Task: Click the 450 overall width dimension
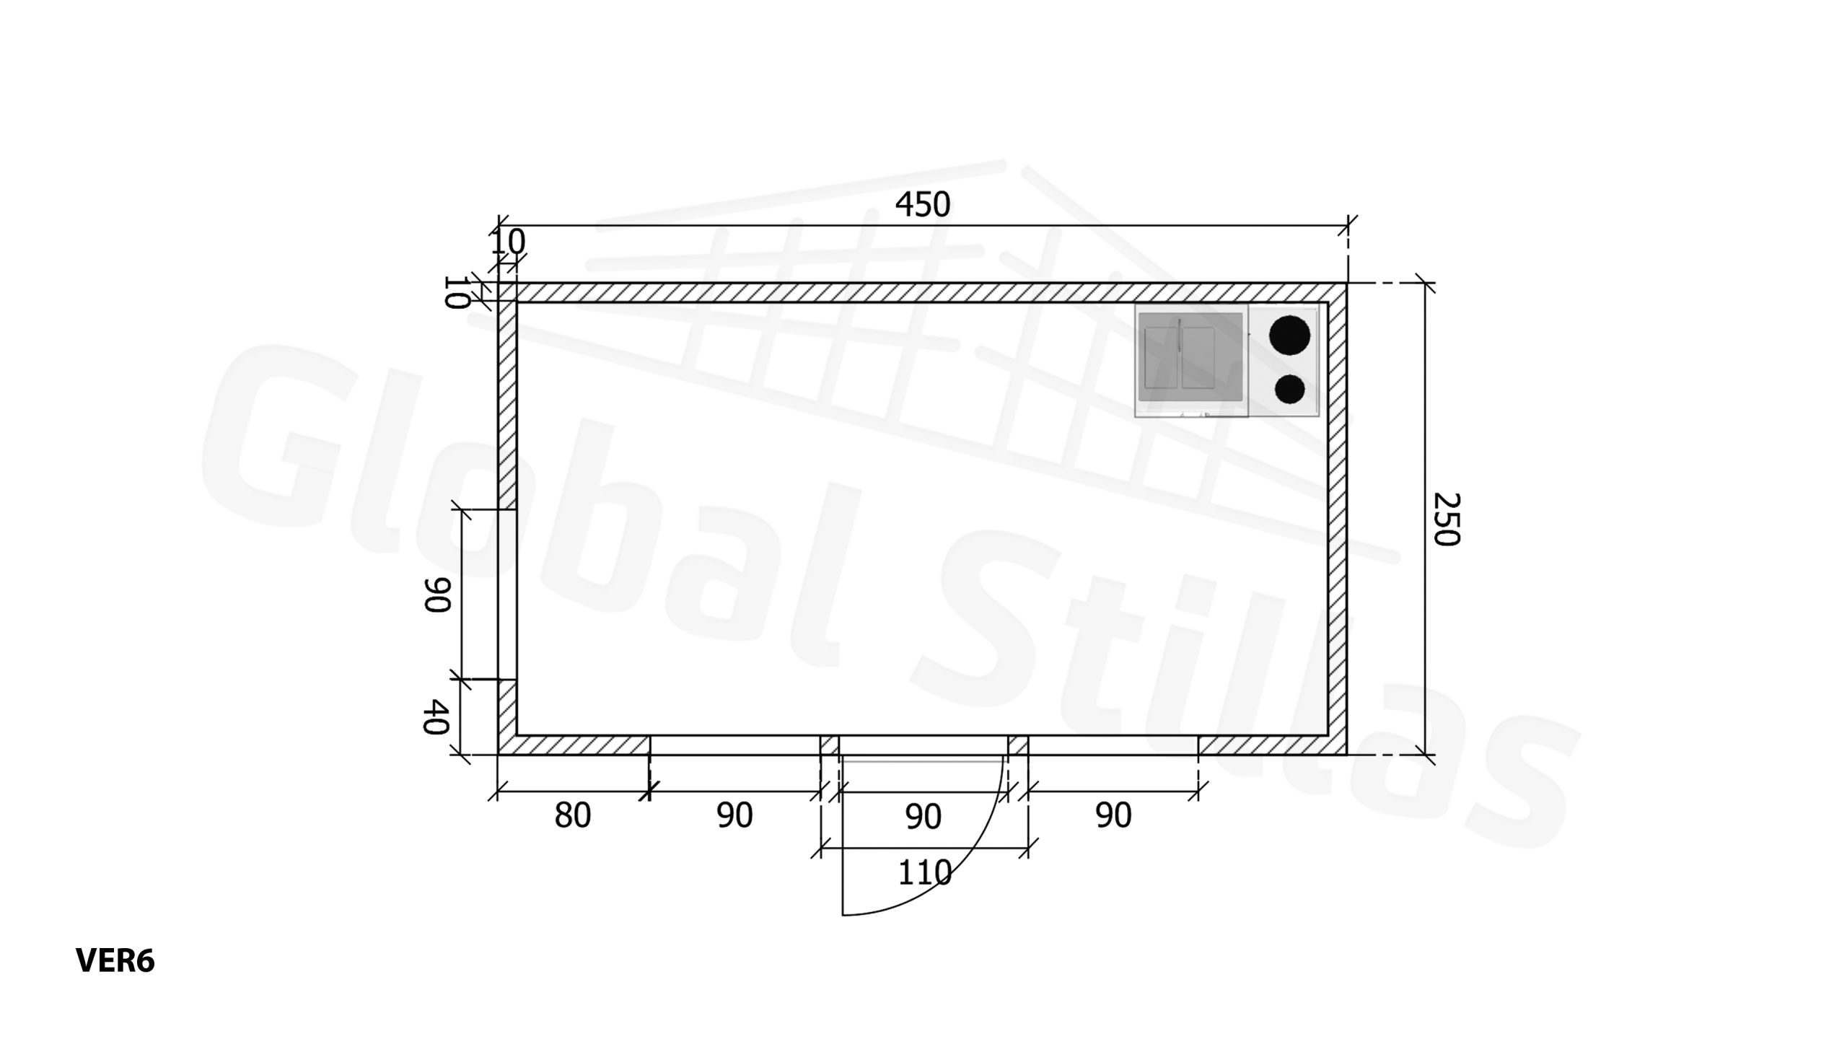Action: pyautogui.click(x=922, y=205)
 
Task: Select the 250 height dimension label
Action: pyautogui.click(x=1446, y=519)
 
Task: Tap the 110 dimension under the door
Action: pyautogui.click(x=924, y=873)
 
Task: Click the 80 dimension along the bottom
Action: pyautogui.click(x=573, y=815)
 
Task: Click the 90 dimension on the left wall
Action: pyautogui.click(x=436, y=595)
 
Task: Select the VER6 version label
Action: pyautogui.click(x=115, y=961)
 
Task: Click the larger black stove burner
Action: pyautogui.click(x=1289, y=336)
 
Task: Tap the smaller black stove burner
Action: pyautogui.click(x=1289, y=390)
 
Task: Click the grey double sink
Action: pyautogui.click(x=1190, y=357)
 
